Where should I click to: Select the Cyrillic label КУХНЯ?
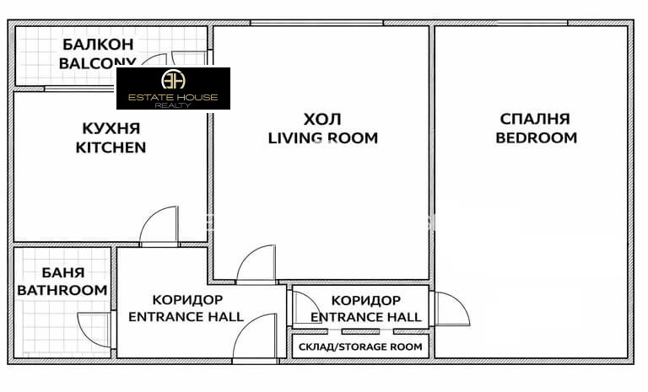(111, 128)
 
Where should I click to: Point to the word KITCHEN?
(111, 147)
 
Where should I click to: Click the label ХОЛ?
(322, 119)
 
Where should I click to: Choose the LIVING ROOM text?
(322, 137)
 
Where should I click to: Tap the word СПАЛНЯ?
(535, 119)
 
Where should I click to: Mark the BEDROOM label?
(536, 137)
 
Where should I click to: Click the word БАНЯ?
(63, 272)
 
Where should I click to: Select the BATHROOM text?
(63, 290)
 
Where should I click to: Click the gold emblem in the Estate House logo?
(173, 81)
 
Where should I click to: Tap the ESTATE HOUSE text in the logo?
(173, 98)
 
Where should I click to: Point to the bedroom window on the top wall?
(531, 23)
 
